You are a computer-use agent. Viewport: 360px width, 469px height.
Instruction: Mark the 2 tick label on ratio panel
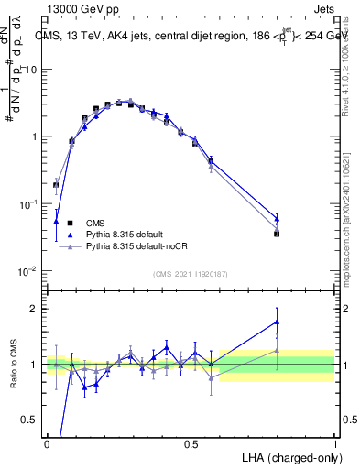pyautogui.click(x=35, y=309)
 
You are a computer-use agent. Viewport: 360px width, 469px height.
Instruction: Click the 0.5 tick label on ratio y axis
pyautogui.click(x=32, y=420)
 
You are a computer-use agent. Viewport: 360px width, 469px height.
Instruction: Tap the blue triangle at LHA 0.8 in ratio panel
pyautogui.click(x=277, y=322)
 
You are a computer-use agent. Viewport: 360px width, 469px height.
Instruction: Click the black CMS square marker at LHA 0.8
pyautogui.click(x=277, y=234)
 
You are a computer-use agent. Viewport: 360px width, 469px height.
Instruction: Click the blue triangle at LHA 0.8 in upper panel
pyautogui.click(x=277, y=218)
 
